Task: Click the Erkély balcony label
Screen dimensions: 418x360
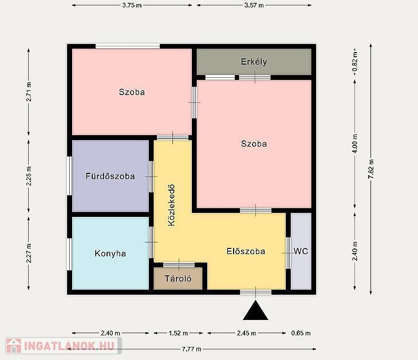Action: (254, 62)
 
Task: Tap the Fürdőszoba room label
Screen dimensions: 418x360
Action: (110, 176)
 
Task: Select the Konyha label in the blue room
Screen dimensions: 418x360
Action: (110, 253)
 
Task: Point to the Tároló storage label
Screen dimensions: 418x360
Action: (178, 279)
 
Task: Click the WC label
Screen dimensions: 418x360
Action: (301, 251)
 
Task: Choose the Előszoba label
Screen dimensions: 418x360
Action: (246, 251)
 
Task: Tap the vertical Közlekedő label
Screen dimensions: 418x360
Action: (172, 205)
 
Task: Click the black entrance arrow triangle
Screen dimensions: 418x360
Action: (255, 310)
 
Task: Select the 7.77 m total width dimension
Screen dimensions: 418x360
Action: (192, 349)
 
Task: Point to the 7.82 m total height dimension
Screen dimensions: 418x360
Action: (371, 169)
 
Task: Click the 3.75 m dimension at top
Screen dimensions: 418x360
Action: (132, 5)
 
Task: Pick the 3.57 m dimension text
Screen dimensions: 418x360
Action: (254, 5)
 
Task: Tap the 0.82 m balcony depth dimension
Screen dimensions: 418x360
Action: (355, 62)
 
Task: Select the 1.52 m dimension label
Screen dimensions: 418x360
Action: (178, 333)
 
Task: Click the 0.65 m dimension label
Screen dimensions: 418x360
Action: (301, 333)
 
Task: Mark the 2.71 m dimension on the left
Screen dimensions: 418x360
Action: (29, 92)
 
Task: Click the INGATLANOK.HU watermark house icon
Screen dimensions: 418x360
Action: (14, 346)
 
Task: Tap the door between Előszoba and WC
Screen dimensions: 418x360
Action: (288, 253)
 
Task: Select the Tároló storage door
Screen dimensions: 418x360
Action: (179, 265)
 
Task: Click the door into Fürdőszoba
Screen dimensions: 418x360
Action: (151, 176)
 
